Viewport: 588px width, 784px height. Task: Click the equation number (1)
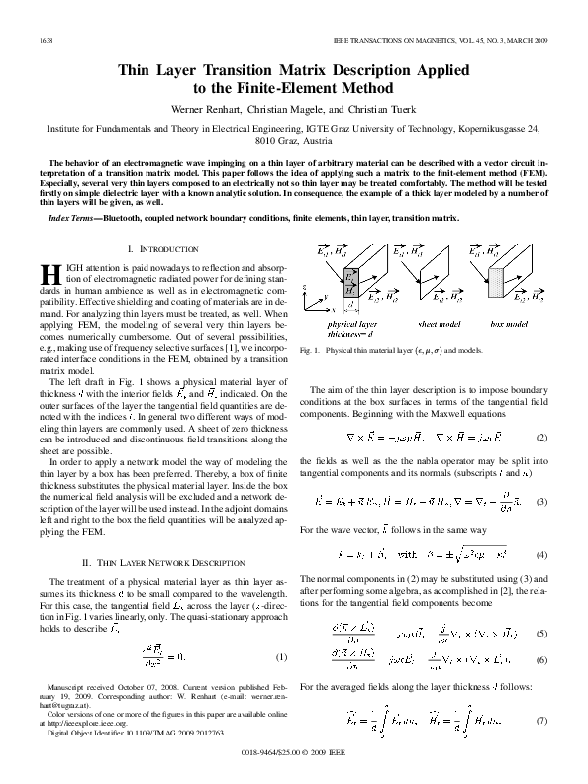click(282, 658)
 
